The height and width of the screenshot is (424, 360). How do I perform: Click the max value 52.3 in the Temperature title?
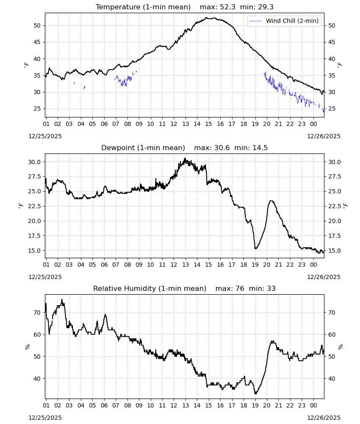coord(228,7)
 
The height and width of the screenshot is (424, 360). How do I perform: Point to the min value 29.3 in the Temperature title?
coord(266,7)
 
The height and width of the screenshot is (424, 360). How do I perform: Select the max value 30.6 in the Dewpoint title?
coord(222,148)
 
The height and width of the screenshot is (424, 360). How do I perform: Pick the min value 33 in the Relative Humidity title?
coord(271,288)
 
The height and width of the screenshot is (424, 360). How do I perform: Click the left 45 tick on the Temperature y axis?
coord(37,42)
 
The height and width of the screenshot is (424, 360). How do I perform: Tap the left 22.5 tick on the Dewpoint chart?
coord(34,206)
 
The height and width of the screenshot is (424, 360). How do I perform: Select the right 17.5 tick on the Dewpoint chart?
coord(334,236)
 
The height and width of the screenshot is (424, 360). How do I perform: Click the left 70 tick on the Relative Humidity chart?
coord(37,312)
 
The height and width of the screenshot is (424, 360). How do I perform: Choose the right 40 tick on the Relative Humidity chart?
coord(332,379)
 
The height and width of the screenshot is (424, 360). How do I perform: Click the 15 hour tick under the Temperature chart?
coord(208,124)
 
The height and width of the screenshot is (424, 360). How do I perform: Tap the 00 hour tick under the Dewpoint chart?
coord(313,265)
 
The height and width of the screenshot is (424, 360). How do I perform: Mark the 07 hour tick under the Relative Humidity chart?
coord(116,406)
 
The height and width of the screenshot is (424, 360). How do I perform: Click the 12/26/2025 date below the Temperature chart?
coord(324,136)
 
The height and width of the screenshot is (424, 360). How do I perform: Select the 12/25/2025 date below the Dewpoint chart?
coord(45,277)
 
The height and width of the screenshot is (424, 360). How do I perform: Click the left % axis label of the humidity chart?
coord(27,347)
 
